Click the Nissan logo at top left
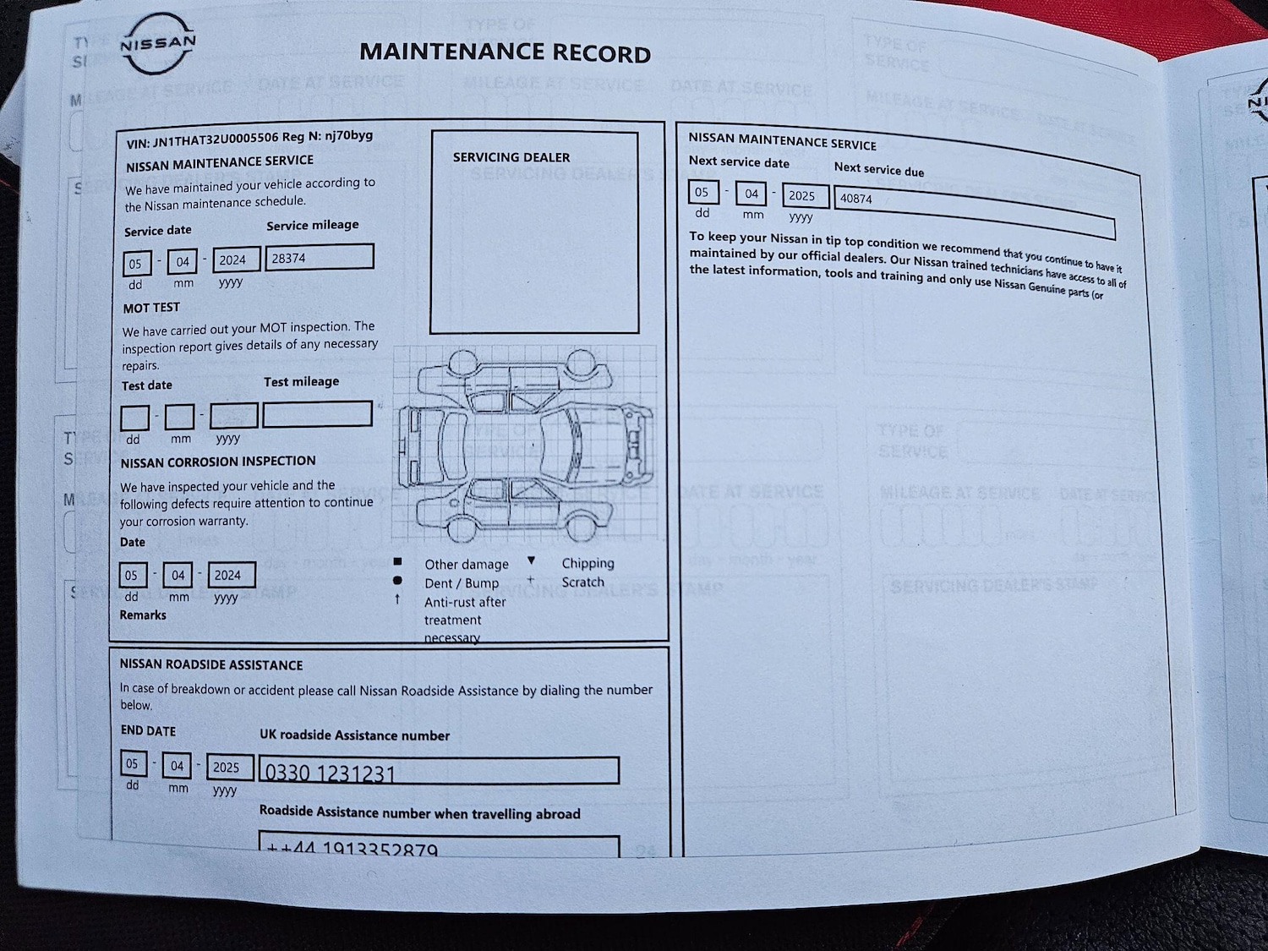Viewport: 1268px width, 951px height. pyautogui.click(x=158, y=44)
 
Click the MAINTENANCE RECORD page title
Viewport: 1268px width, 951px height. pyautogui.click(x=505, y=52)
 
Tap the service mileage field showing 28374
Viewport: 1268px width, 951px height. pyautogui.click(x=320, y=257)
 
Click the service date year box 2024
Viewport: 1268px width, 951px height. pyautogui.click(x=236, y=260)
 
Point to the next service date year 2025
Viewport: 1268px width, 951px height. pyautogui.click(x=803, y=196)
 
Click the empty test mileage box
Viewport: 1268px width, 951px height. pyautogui.click(x=317, y=414)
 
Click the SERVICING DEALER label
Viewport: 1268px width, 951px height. pyautogui.click(x=511, y=157)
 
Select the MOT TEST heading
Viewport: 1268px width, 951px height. pyautogui.click(x=151, y=308)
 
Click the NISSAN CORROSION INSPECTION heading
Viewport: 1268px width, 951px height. pyautogui.click(x=218, y=462)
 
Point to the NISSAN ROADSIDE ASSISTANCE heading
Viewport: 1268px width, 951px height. pyautogui.click(x=211, y=665)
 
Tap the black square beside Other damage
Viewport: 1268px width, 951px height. pyautogui.click(x=397, y=562)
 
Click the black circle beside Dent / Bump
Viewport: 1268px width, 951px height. pyautogui.click(x=397, y=581)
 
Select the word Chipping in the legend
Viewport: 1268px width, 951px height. pyautogui.click(x=588, y=563)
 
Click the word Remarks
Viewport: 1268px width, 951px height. pyautogui.click(x=143, y=615)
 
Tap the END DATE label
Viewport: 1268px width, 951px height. pyautogui.click(x=148, y=731)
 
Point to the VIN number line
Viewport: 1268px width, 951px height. pyautogui.click(x=249, y=138)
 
